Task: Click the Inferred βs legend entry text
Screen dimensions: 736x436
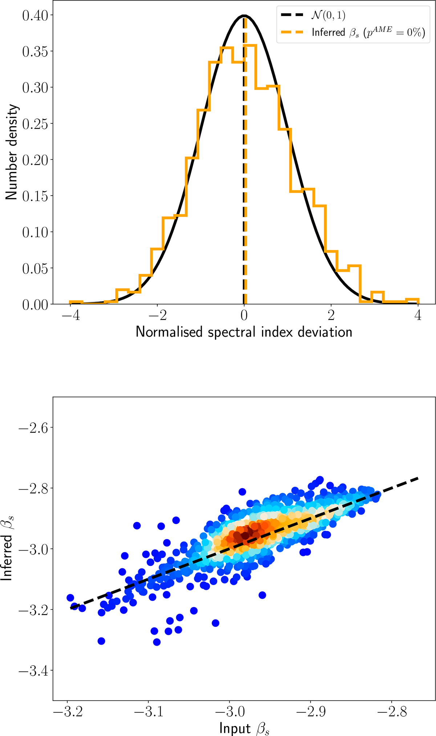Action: pos(368,32)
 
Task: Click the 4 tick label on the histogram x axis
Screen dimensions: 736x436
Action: pos(418,315)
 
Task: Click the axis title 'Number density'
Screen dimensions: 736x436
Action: pos(12,152)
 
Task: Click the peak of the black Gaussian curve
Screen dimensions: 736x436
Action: pos(244,16)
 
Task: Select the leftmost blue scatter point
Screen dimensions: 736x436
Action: pos(70,598)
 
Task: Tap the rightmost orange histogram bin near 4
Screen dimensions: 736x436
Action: pos(412,300)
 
